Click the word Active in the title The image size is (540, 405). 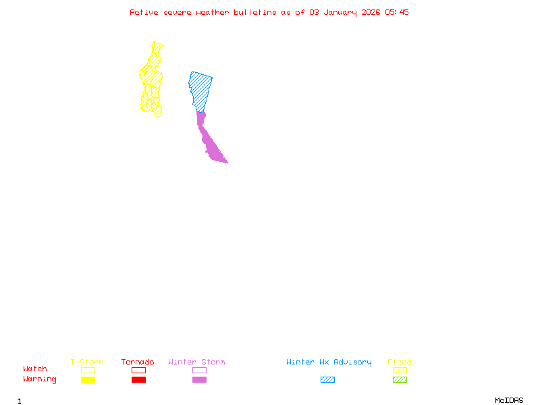(x=144, y=12)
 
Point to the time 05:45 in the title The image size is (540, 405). (x=397, y=12)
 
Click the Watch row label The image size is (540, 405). (x=35, y=369)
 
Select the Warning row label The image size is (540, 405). (x=39, y=379)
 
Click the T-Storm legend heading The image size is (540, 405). (x=87, y=362)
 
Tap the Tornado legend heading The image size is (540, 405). (x=138, y=362)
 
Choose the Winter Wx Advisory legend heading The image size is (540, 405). (x=329, y=362)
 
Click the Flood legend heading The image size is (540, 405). (x=400, y=362)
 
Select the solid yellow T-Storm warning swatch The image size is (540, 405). (x=88, y=380)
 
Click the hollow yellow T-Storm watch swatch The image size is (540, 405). (x=88, y=370)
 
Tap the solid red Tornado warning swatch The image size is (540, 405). (x=138, y=380)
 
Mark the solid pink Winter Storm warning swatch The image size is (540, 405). (x=199, y=380)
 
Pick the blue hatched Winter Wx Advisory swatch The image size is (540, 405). (x=327, y=380)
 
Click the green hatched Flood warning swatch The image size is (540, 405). (x=400, y=380)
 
